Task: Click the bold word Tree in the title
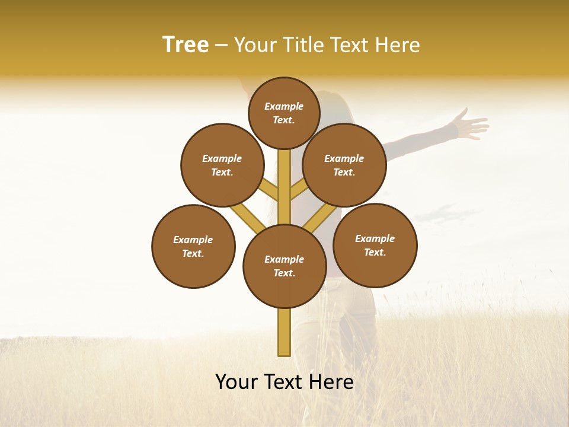pos(186,45)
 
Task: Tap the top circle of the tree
pos(284,113)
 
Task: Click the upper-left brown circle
pos(222,165)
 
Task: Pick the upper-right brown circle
pos(344,165)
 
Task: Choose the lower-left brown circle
pos(193,246)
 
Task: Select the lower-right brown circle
pos(375,245)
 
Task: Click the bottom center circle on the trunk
pos(284,266)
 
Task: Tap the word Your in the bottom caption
pos(237,382)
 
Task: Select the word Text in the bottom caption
pos(283,382)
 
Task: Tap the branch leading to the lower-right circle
pos(320,218)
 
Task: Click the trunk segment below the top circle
pos(284,172)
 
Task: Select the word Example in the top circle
pos(284,107)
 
